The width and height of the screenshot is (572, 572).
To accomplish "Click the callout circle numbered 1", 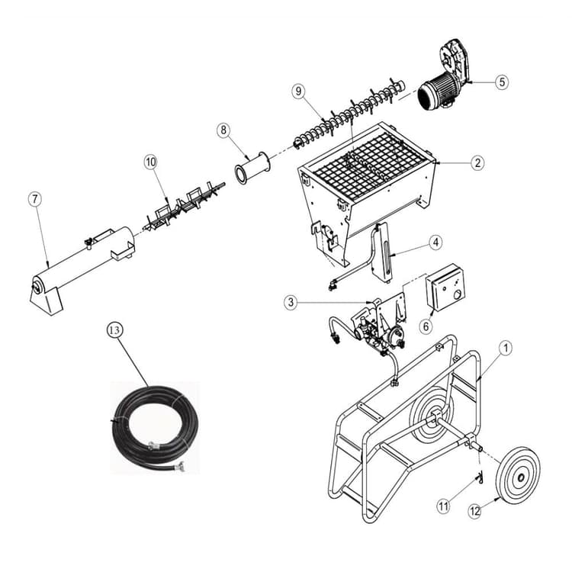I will pyautogui.click(x=505, y=347).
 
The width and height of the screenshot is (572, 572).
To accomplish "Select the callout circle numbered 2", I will pyautogui.click(x=477, y=162).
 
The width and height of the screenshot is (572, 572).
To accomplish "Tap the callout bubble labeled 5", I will pyautogui.click(x=500, y=82).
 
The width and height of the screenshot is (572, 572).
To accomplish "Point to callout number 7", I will pyautogui.click(x=34, y=199).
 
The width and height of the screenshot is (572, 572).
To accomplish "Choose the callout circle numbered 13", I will pyautogui.click(x=114, y=329).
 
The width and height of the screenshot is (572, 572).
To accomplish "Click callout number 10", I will pyautogui.click(x=150, y=162).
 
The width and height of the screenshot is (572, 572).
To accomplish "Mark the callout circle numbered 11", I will pyautogui.click(x=444, y=505).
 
